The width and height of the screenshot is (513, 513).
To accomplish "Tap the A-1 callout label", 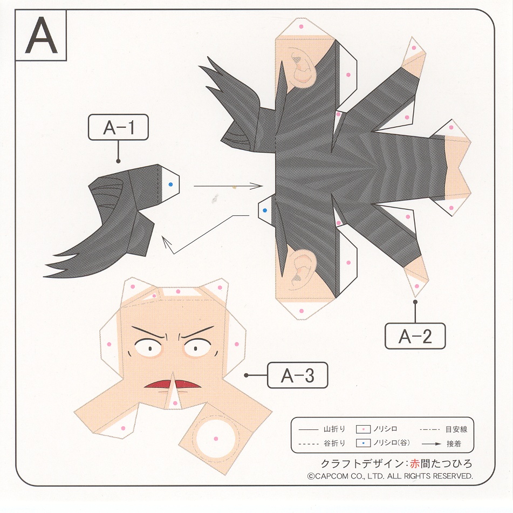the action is [119, 127].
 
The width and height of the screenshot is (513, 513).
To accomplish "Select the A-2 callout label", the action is [415, 336].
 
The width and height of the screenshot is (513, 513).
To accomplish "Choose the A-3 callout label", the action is [297, 375].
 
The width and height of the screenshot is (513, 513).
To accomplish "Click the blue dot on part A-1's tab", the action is [170, 184].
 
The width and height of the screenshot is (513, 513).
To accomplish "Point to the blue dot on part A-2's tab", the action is [265, 210].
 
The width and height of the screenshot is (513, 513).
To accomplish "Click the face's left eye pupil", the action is [150, 348].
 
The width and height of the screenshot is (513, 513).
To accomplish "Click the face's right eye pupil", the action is [196, 348].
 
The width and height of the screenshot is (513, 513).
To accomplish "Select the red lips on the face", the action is [173, 384].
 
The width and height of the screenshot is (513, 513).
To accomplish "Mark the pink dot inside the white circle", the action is [216, 439].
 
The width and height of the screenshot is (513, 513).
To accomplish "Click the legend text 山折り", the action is [334, 429].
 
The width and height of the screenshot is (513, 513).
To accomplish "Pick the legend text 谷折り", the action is [334, 443].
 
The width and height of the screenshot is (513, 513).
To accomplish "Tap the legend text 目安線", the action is [456, 429].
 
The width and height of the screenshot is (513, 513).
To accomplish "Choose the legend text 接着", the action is [454, 443].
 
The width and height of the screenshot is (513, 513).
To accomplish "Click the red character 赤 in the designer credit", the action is [414, 463].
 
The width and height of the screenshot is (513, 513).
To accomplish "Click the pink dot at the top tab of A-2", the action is [301, 26].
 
